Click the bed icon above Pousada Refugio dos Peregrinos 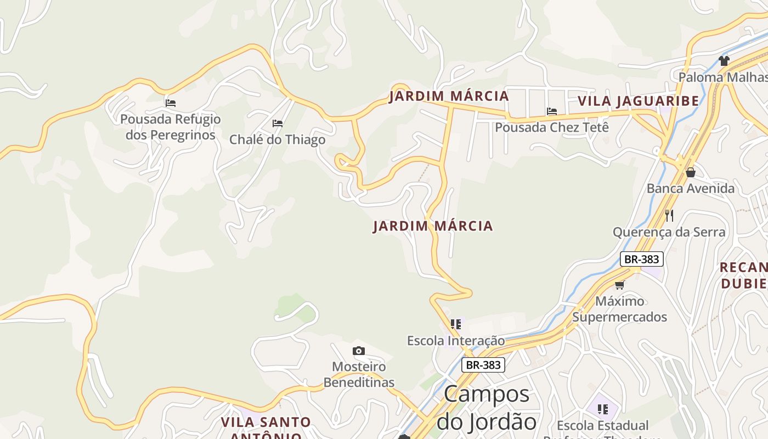point(171,103)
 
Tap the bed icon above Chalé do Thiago point(278,123)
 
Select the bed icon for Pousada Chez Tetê point(552,111)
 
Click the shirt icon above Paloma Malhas point(724,60)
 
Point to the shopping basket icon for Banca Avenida point(691,172)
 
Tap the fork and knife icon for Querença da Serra point(669,215)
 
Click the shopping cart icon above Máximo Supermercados point(620,285)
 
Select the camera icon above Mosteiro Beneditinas point(359,351)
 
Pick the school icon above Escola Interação point(456,324)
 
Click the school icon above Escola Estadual point(603,409)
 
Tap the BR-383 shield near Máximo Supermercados point(642,259)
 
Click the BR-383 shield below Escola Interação point(483,365)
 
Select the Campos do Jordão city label point(487,408)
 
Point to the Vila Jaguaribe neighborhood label point(639,101)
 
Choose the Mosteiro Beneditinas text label point(359,374)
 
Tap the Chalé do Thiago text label point(277,139)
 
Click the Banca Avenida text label point(690,189)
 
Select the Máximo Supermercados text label point(620,309)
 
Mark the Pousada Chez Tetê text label point(552,127)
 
